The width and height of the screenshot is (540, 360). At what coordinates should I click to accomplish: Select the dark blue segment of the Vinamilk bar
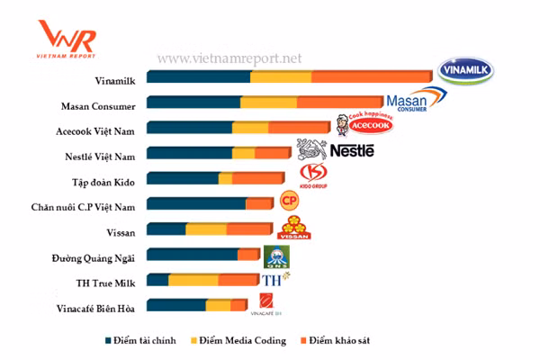197,78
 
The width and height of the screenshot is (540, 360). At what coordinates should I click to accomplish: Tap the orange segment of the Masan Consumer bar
339,103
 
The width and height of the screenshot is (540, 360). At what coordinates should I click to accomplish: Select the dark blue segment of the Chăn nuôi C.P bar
195,204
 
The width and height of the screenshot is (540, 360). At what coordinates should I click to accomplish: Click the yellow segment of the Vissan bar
206,229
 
